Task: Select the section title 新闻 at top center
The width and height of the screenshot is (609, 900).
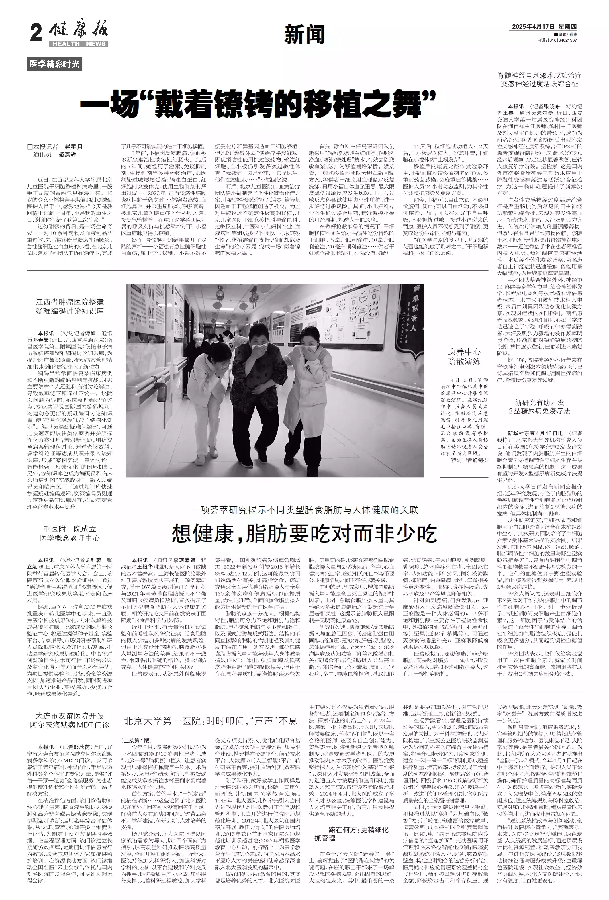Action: (304, 35)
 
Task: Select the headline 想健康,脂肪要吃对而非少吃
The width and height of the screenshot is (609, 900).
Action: (304, 534)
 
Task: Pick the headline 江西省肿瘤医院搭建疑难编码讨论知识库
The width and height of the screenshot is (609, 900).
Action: (70, 306)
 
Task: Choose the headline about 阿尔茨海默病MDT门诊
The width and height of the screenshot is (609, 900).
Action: (70, 720)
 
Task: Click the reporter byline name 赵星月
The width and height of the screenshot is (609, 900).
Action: (73, 147)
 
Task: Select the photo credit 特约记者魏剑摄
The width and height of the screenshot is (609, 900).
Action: (469, 460)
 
